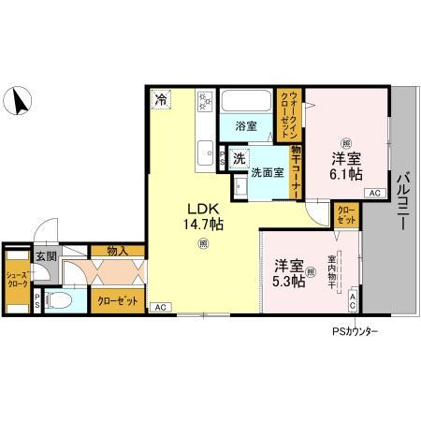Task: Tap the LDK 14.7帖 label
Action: pos(203,217)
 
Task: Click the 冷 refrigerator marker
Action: pos(162,98)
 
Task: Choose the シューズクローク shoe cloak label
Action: pos(15,277)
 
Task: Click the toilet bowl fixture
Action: pos(58,301)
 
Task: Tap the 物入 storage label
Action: pos(118,251)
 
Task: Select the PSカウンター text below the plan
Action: pos(355,331)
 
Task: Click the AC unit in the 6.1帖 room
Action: pos(373,193)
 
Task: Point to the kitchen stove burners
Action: pos(206,102)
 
